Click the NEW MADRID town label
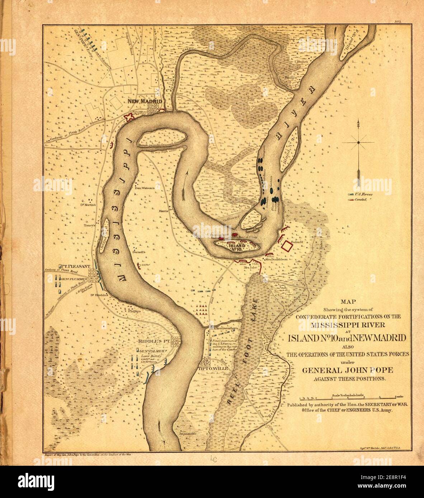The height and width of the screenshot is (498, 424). tap(145, 101)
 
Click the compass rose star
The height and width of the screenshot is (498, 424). tap(358, 143)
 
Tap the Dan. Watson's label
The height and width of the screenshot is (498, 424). tap(144, 187)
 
